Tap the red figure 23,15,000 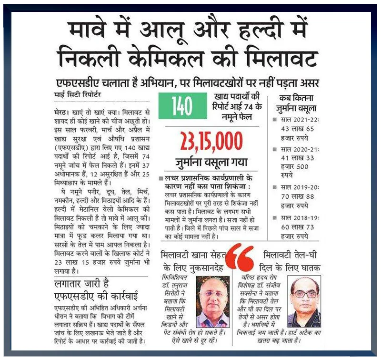point(211,141)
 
